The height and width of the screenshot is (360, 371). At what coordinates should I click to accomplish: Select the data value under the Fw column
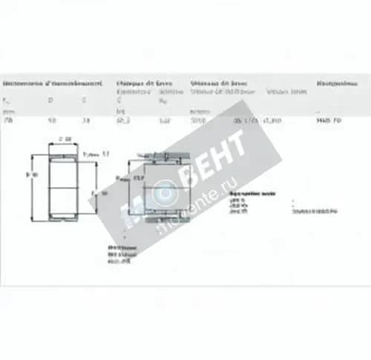pos(8,120)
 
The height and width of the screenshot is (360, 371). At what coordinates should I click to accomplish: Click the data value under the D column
pos(50,120)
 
